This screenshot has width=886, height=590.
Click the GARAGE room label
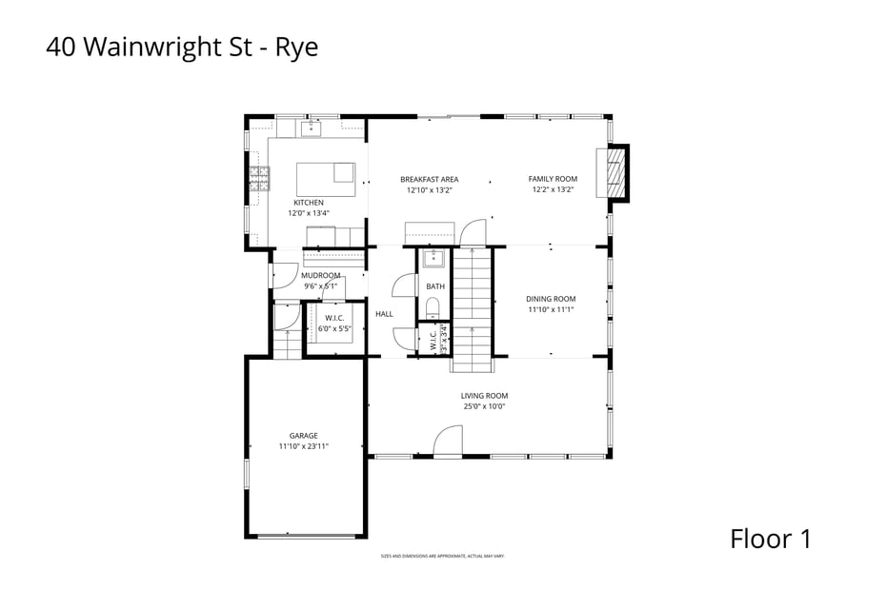(x=304, y=436)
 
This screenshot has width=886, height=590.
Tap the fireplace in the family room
(x=616, y=173)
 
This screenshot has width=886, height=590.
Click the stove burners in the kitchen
(x=259, y=178)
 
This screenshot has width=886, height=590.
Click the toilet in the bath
(x=432, y=306)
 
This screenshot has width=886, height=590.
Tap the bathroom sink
(x=434, y=259)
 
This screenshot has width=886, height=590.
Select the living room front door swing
(x=448, y=441)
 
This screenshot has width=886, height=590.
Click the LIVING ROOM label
(x=484, y=396)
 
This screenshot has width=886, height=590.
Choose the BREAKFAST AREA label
(x=429, y=179)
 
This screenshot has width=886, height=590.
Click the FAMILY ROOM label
(x=553, y=179)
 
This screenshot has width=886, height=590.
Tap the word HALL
(x=384, y=314)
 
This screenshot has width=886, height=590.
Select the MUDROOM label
(x=321, y=275)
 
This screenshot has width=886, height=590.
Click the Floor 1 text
(x=771, y=539)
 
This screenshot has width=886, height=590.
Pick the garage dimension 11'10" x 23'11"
(x=304, y=446)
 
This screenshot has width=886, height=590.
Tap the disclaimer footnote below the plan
(x=442, y=556)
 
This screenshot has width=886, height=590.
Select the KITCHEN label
(x=309, y=203)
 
